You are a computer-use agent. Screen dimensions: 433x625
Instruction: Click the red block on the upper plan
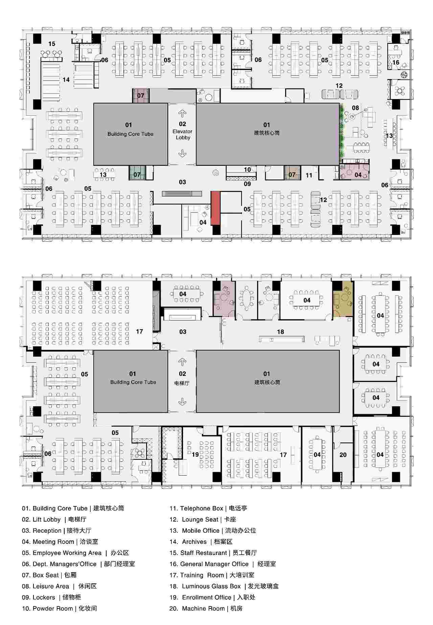pos(215,208)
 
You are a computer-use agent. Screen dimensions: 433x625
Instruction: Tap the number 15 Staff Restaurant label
pos(52,44)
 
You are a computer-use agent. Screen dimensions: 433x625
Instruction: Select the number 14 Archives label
pos(66,80)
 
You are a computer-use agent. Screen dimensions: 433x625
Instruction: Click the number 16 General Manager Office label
pos(396,63)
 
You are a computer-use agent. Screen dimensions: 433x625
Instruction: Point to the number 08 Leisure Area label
pos(355,108)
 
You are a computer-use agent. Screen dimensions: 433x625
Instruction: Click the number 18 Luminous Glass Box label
pos(280,332)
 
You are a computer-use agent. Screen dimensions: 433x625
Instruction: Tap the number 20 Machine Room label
pos(343,455)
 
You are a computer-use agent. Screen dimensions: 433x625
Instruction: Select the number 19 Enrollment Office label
pos(195,455)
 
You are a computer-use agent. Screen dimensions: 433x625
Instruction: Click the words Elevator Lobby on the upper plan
pos(183,135)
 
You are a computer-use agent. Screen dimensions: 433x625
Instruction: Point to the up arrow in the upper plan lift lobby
pos(182,114)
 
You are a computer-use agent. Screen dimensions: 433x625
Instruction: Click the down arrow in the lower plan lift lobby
pos(182,401)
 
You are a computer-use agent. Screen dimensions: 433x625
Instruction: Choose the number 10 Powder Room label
pos(248,170)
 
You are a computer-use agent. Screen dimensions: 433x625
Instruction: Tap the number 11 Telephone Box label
pos(309,175)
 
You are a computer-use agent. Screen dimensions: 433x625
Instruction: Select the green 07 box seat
pos(137,173)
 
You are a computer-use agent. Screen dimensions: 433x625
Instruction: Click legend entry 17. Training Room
pos(212,575)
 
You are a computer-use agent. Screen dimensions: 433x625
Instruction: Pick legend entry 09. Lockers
pos(51,598)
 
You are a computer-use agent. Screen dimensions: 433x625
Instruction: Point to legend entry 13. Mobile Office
pos(213,531)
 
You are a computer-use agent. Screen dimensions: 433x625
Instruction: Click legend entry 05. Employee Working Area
pos(75,553)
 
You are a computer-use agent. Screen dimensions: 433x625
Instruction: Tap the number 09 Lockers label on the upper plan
pos(247,184)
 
